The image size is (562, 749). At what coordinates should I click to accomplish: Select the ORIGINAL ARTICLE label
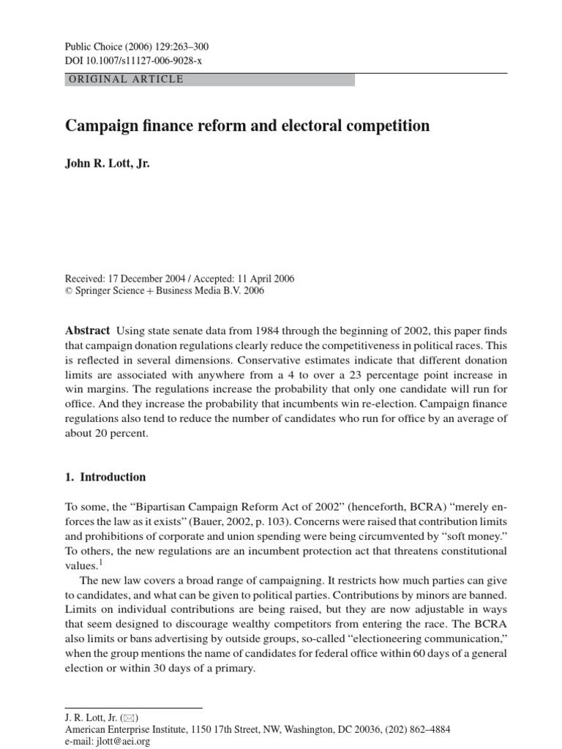(x=126, y=79)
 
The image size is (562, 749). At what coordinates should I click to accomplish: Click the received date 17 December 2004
(x=151, y=279)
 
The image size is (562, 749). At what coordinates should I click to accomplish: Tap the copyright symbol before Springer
(x=70, y=290)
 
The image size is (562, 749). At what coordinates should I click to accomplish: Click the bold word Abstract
(x=88, y=331)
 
